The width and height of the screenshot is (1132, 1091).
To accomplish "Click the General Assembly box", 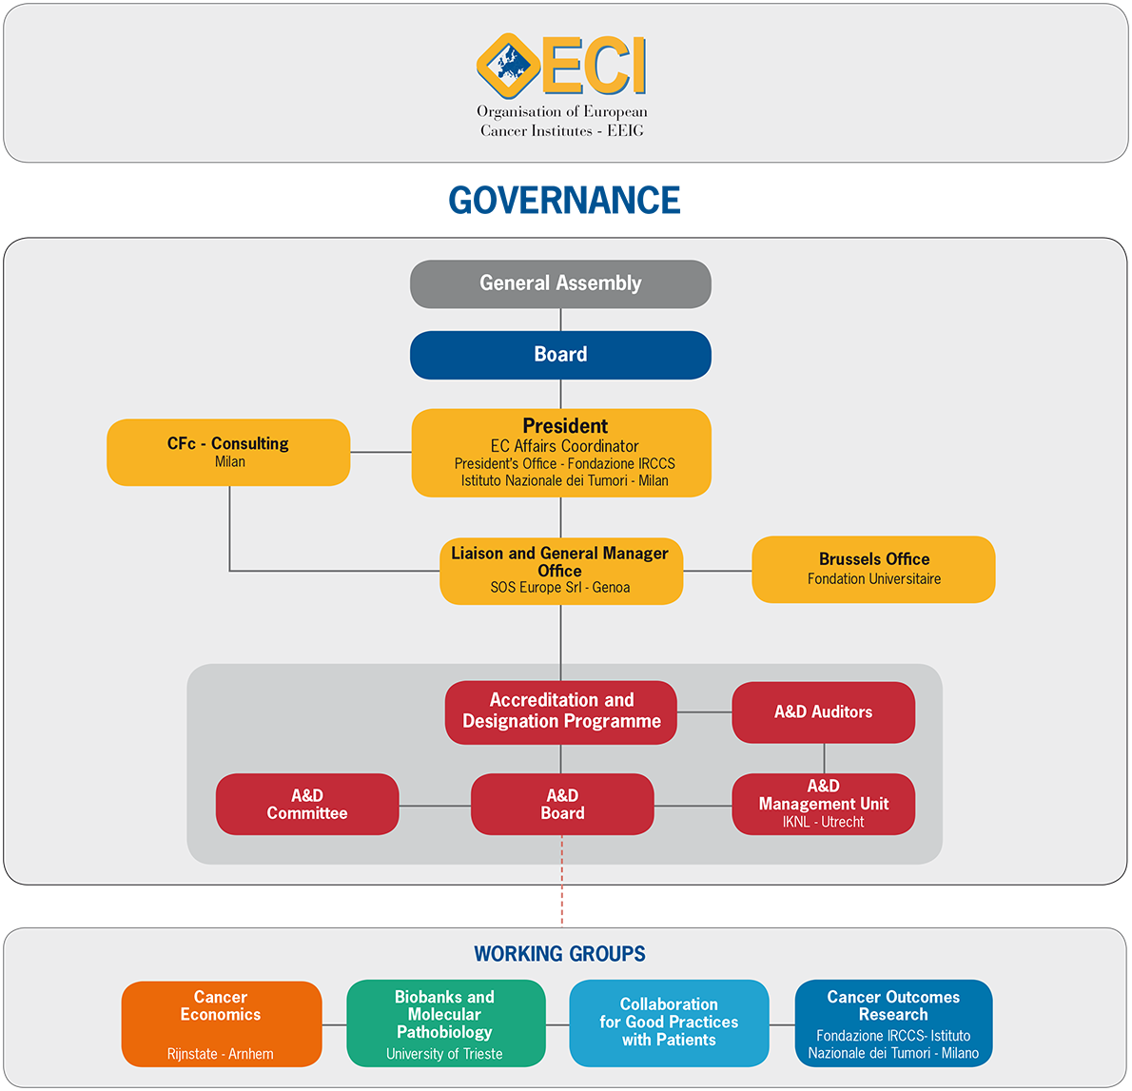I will point(560,283).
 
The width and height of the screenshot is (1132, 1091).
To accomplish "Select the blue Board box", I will point(560,355).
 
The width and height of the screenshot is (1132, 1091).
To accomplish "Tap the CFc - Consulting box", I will point(228,452).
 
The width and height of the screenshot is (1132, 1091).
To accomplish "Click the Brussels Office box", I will point(873,569).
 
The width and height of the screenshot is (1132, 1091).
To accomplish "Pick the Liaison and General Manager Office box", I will point(560,571).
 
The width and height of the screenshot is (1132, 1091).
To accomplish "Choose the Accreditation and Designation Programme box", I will point(561,711).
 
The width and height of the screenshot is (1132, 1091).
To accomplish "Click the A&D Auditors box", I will point(823,711).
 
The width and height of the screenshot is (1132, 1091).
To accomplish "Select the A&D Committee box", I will point(306,805).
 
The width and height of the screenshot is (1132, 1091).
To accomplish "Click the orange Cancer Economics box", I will point(221,1023).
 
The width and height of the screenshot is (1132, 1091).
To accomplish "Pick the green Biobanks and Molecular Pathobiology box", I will point(445,1023).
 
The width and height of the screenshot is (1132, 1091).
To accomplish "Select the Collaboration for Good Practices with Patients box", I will point(669,1023).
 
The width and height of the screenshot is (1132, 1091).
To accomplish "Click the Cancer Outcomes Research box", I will point(893,1023).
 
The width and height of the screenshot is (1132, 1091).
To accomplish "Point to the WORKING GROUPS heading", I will point(559,954).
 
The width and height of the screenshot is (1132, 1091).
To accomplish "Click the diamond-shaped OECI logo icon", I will point(508,66).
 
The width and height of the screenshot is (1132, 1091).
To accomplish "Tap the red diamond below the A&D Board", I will point(561,906).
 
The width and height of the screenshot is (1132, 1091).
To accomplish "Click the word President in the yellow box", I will point(565,426).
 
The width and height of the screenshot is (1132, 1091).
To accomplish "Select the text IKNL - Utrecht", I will point(823,822).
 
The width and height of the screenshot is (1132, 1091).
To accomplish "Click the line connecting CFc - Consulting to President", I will point(381,452).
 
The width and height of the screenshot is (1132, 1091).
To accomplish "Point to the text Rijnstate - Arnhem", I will point(221,1054).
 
